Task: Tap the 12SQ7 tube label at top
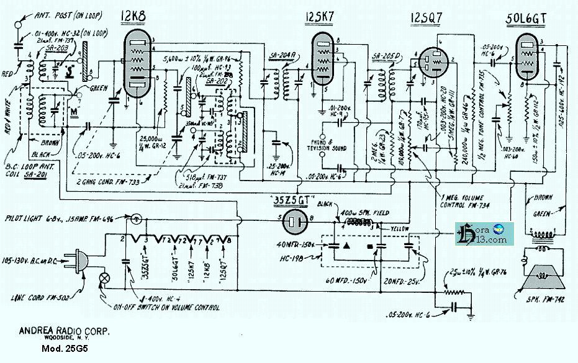pos(427,18)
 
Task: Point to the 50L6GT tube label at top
pos(526,19)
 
